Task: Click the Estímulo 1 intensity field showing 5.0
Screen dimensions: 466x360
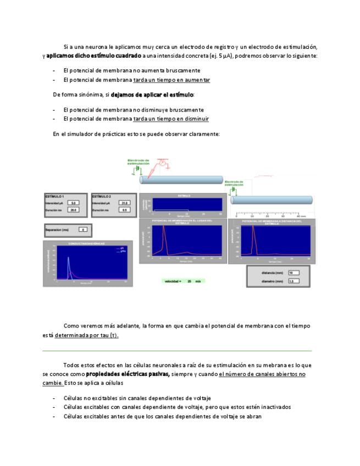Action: point(74,203)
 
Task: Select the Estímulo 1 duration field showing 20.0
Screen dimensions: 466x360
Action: point(74,210)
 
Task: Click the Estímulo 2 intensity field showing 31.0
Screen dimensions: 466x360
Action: point(125,203)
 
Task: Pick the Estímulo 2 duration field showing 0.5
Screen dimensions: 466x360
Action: point(125,210)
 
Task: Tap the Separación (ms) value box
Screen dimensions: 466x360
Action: point(82,229)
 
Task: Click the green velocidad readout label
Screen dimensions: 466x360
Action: point(182,281)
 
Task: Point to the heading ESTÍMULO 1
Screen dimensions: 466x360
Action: point(55,196)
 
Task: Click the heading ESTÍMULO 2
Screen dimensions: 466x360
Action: point(102,196)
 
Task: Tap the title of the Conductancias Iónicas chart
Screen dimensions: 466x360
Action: point(87,243)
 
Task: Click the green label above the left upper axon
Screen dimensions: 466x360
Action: point(138,162)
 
